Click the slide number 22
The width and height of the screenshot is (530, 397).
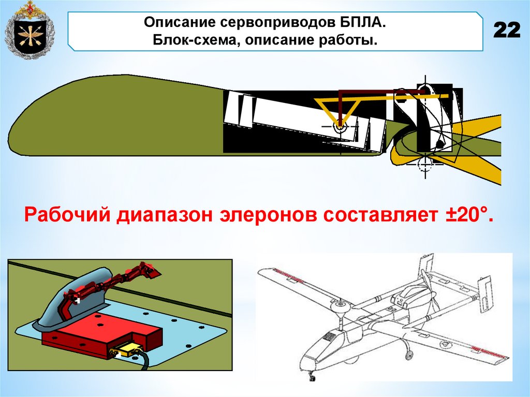507,31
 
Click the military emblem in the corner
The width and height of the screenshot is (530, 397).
30,30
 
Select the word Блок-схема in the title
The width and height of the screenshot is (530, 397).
196,40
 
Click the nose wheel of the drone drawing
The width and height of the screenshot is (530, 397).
312,376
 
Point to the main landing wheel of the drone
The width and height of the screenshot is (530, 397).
409,355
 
